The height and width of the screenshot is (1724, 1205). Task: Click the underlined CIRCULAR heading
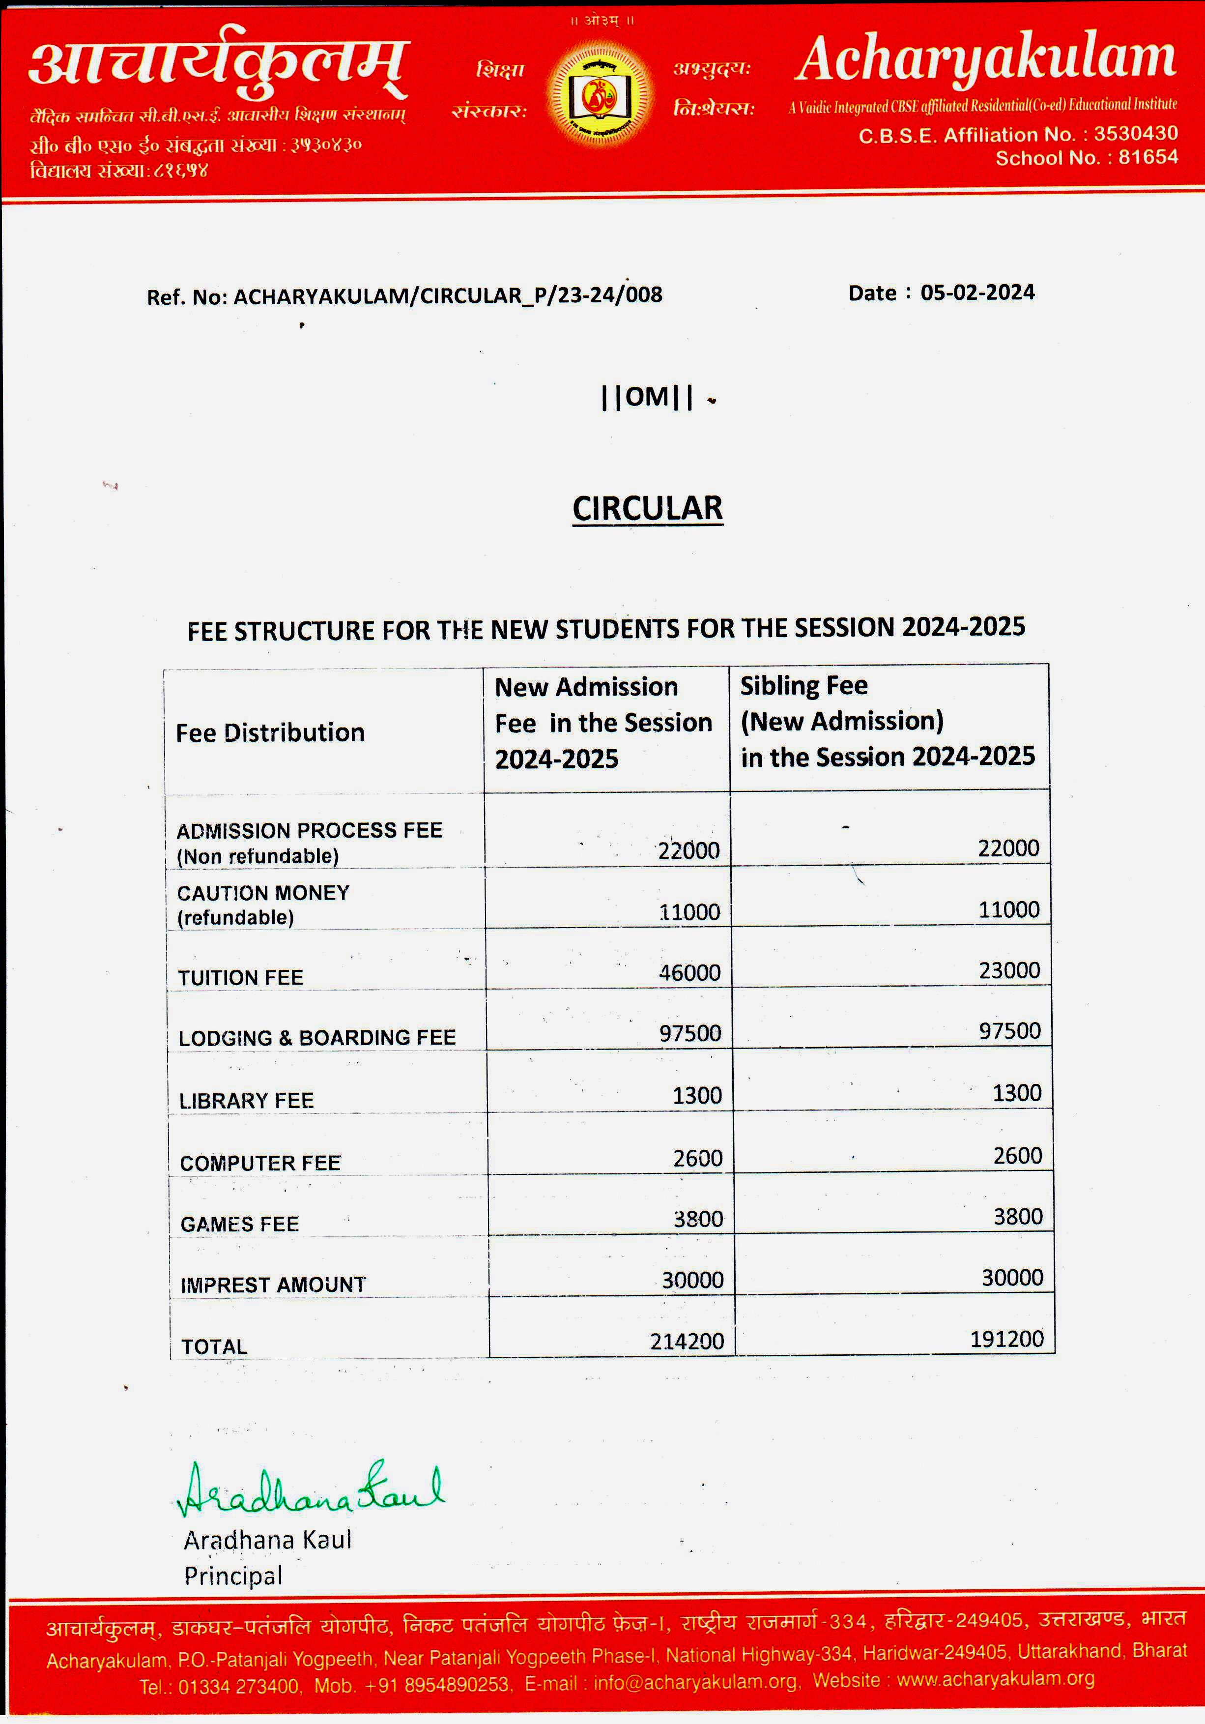tap(647, 509)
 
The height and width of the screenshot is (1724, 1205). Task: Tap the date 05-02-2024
tap(977, 293)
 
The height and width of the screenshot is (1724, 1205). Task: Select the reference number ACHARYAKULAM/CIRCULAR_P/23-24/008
tap(448, 296)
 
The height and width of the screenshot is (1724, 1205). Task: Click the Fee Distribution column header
tap(270, 733)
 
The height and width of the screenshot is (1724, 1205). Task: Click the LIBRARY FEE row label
tap(246, 1101)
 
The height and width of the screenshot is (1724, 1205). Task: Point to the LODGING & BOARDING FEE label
tap(317, 1038)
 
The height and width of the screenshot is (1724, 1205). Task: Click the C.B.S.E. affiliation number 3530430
tap(1135, 134)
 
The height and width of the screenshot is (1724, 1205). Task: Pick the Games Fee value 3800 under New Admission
tap(697, 1219)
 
